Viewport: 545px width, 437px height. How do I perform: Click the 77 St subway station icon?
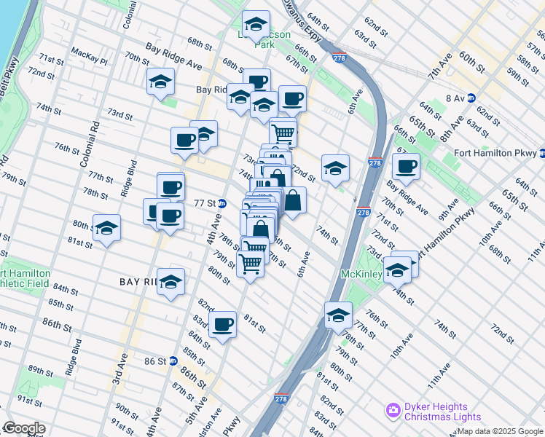[221, 203]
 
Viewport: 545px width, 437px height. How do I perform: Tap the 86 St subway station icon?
[173, 361]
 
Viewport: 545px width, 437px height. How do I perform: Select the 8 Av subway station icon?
[471, 97]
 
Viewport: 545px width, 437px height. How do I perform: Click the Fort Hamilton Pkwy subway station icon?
[541, 153]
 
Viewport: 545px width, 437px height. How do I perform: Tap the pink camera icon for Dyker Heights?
[393, 412]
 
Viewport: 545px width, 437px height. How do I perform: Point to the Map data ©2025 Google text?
[500, 431]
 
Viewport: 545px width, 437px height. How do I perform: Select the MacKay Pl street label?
[90, 52]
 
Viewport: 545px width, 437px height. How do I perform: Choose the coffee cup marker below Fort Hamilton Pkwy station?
[406, 165]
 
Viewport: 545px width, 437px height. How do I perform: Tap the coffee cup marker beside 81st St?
[223, 324]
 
